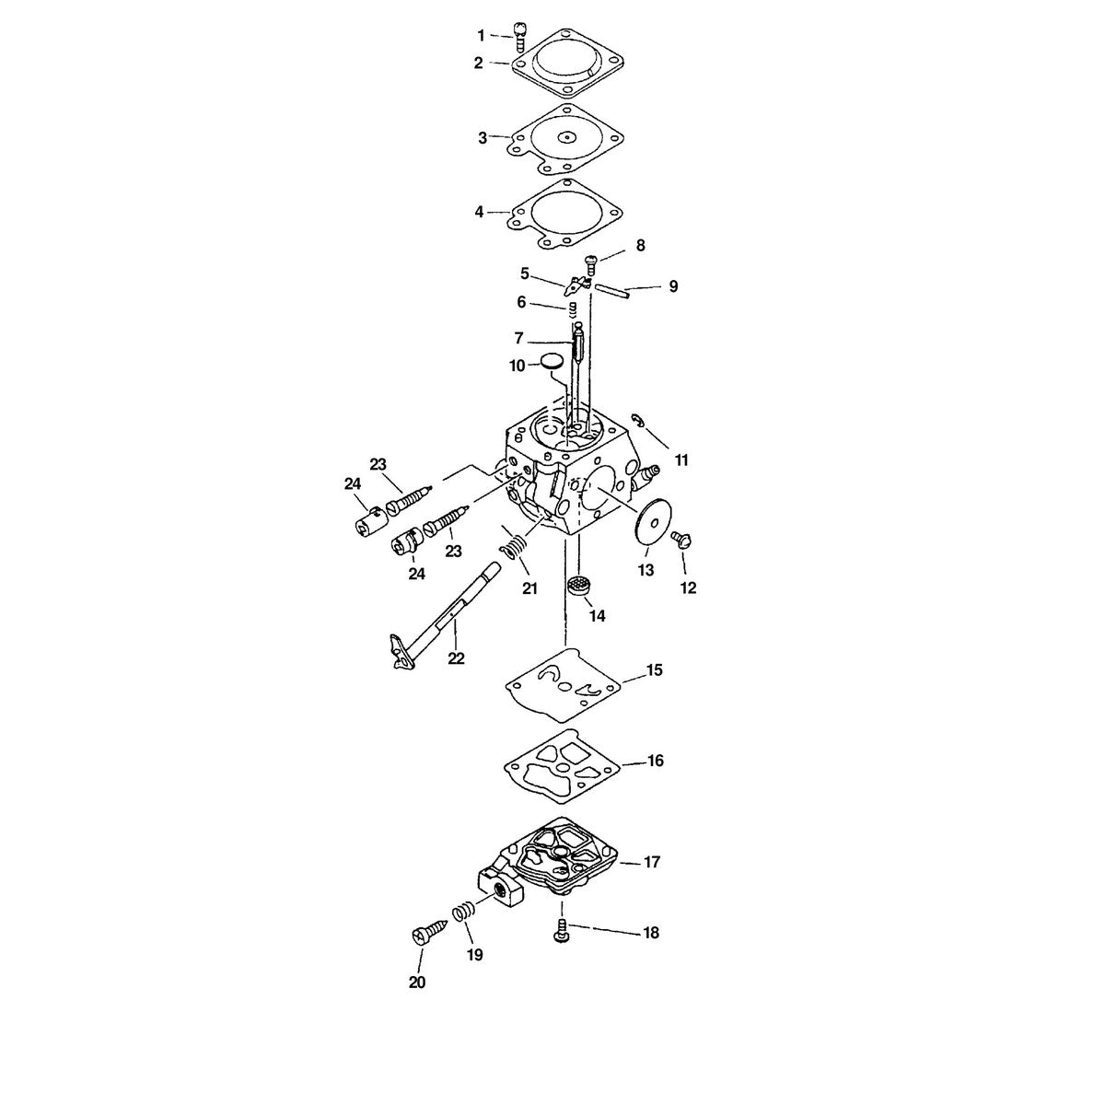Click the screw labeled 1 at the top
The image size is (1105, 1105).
519,36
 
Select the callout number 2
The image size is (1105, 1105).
478,64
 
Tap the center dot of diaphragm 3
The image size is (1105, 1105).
566,137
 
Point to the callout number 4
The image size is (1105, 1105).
480,212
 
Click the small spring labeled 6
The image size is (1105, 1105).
572,309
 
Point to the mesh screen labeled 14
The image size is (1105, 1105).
580,586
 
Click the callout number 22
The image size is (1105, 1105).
456,658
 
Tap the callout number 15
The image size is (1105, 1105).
655,669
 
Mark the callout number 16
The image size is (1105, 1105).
656,761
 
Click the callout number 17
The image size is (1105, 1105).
652,878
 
